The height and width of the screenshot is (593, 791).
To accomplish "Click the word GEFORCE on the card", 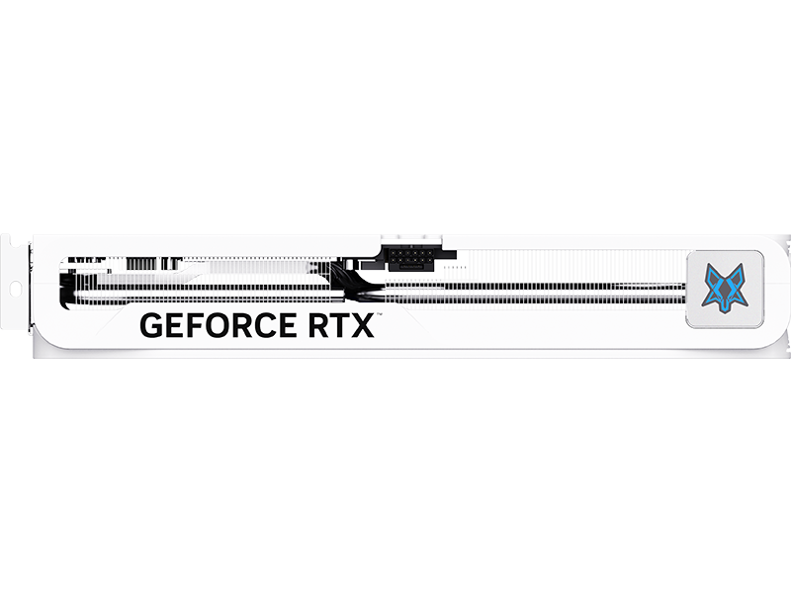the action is pyautogui.click(x=218, y=325).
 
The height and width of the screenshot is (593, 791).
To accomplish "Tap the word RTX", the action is pyautogui.click(x=341, y=325).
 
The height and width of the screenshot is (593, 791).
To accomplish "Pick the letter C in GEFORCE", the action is pyautogui.click(x=267, y=325).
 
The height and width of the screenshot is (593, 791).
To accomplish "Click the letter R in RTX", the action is pyautogui.click(x=318, y=325).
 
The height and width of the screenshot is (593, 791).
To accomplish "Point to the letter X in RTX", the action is pyautogui.click(x=363, y=325).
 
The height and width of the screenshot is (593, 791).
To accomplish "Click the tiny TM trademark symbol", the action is pyautogui.click(x=379, y=314).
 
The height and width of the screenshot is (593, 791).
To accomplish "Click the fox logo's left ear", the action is pyautogui.click(x=710, y=271).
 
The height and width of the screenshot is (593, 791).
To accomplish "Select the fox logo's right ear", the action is pyautogui.click(x=740, y=271).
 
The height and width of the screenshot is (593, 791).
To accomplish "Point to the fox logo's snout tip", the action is pyautogui.click(x=725, y=309).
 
